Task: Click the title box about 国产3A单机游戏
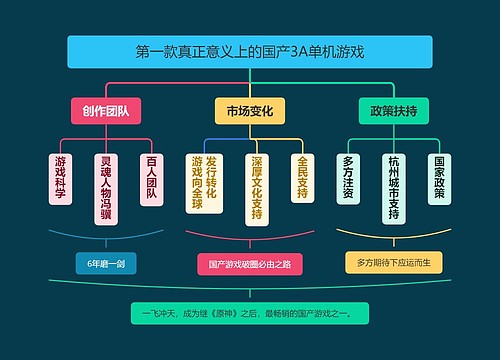tap(249, 51)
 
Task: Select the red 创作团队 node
tap(106, 110)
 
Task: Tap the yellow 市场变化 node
tap(249, 110)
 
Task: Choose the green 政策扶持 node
tap(393, 110)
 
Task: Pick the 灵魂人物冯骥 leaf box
tap(106, 187)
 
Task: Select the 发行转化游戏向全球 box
tap(204, 183)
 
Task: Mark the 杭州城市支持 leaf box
tap(394, 188)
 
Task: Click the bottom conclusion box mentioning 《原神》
tap(249, 314)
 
